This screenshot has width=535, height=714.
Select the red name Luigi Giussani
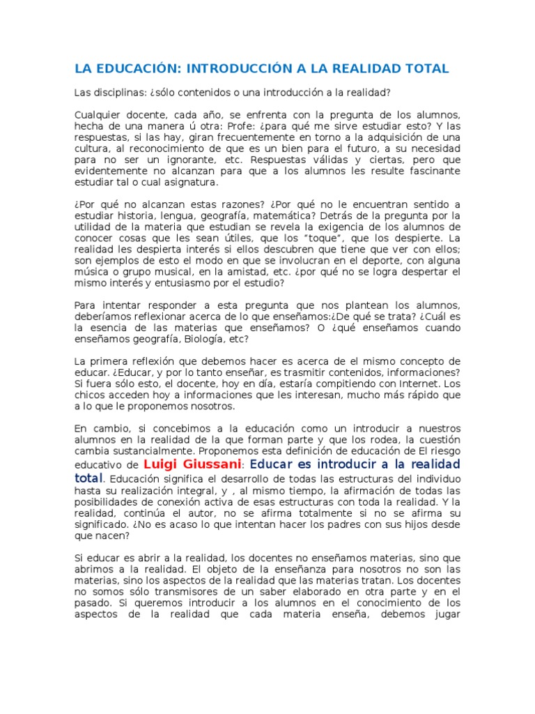[192, 464]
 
